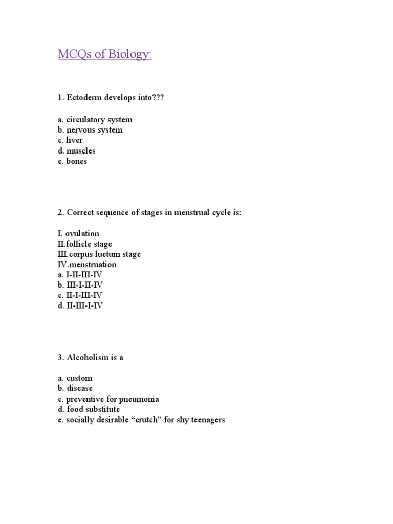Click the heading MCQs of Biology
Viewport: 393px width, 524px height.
click(105, 54)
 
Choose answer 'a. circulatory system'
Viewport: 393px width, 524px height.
click(95, 120)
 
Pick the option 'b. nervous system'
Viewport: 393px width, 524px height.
click(90, 130)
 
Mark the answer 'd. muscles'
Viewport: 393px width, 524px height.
click(77, 151)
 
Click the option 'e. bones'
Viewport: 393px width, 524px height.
click(73, 161)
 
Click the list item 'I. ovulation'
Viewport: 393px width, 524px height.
click(78, 234)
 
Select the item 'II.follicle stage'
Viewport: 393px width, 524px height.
click(84, 244)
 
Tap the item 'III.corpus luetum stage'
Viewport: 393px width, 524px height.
click(99, 254)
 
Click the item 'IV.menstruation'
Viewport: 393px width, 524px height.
click(86, 265)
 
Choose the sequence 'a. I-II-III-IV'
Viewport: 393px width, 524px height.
click(80, 275)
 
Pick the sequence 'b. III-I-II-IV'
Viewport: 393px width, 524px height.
click(80, 285)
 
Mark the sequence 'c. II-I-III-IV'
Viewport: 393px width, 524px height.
click(80, 295)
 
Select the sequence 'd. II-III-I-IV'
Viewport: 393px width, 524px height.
click(80, 306)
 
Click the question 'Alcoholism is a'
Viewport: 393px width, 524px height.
click(90, 358)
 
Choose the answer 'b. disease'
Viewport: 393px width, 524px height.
click(75, 388)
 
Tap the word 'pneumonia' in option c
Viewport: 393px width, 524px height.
click(140, 399)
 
